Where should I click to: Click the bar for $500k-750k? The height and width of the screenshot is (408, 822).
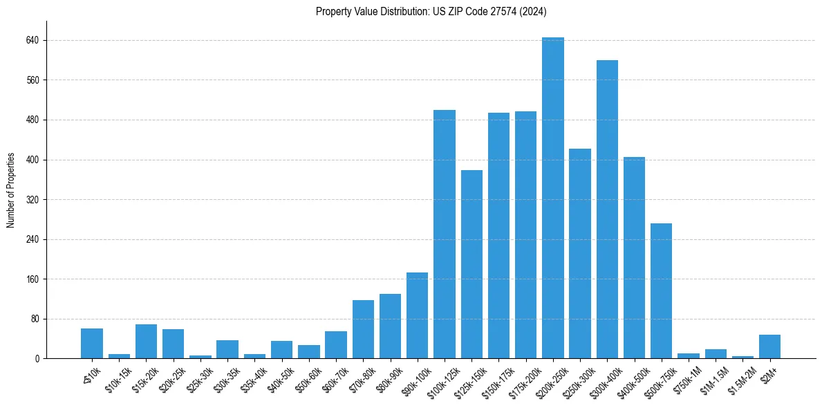pos(662,290)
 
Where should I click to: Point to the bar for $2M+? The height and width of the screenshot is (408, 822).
pos(769,346)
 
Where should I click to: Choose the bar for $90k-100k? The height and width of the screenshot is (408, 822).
pos(418,315)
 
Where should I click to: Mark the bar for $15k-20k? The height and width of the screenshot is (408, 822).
pos(146,341)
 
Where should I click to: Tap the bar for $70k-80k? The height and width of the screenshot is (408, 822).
pos(363,329)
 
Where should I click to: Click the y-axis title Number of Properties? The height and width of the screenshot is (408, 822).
pos(11,189)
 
